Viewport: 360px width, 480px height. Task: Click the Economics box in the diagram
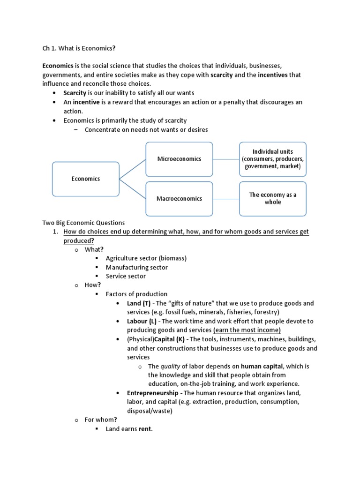click(x=85, y=179)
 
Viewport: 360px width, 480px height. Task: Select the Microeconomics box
click(x=179, y=159)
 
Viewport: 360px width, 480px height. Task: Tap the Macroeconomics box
click(x=179, y=198)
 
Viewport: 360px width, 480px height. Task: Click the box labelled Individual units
click(x=272, y=159)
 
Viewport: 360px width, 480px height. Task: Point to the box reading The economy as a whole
click(x=272, y=198)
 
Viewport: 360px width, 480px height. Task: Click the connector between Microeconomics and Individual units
click(x=226, y=159)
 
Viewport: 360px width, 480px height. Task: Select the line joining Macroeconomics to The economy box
click(x=226, y=198)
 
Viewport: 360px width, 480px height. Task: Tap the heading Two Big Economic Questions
click(x=84, y=223)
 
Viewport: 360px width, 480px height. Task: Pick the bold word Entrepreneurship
click(x=152, y=393)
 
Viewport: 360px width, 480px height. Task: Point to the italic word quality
click(x=170, y=366)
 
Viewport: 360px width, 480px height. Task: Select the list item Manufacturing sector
click(x=136, y=267)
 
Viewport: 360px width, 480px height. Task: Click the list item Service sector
click(x=126, y=276)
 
